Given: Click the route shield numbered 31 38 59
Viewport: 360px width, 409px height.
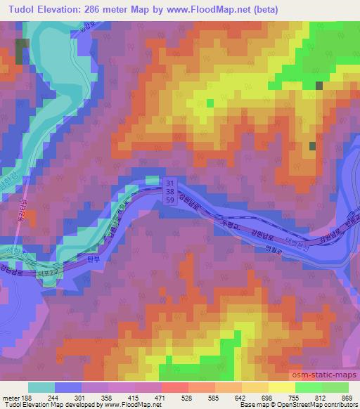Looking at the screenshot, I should [x=170, y=190].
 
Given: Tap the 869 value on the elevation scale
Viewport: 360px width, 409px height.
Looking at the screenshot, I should [x=347, y=397].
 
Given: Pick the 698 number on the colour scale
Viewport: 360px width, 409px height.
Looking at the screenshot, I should [x=267, y=397].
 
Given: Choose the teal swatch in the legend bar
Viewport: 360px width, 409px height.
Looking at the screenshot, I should [x=41, y=387].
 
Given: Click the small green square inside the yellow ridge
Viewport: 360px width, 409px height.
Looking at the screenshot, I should [x=210, y=103].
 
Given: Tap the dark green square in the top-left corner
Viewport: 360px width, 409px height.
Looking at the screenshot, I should [x=23, y=51].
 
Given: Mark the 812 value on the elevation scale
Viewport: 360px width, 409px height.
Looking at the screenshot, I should [x=320, y=397].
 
